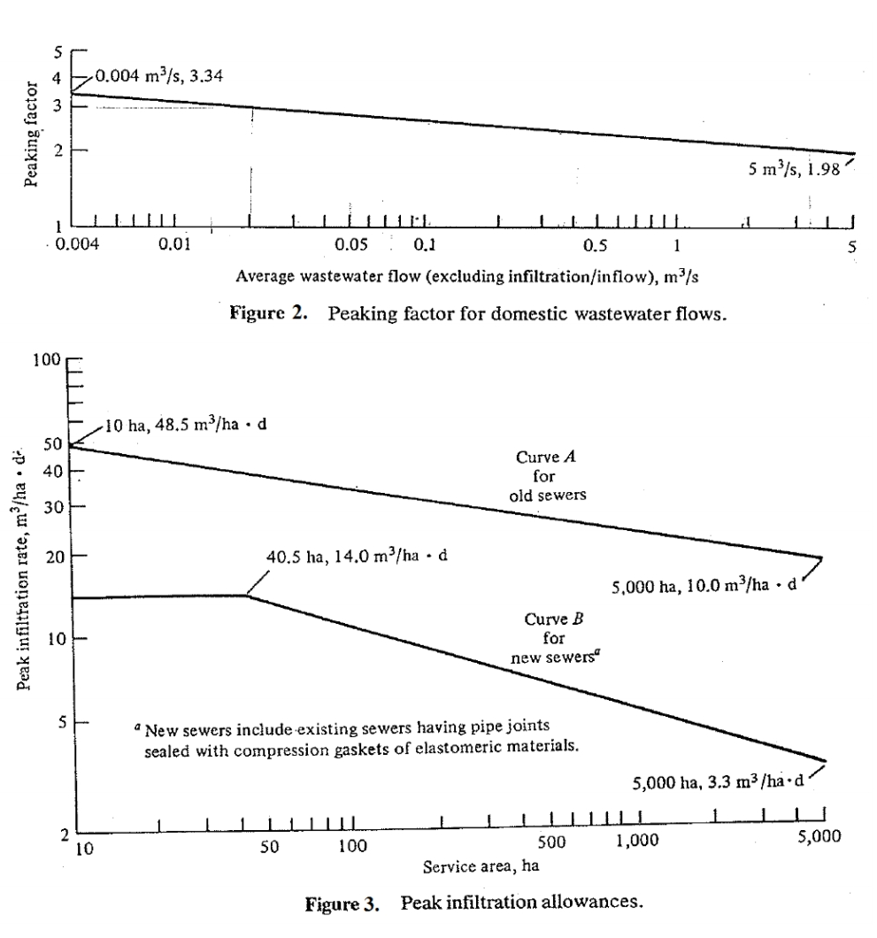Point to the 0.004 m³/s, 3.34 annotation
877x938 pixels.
coord(159,75)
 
